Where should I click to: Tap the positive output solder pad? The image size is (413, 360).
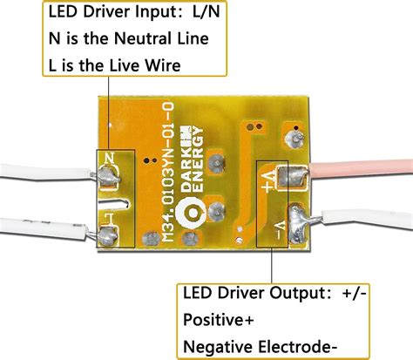(x=296, y=178)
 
